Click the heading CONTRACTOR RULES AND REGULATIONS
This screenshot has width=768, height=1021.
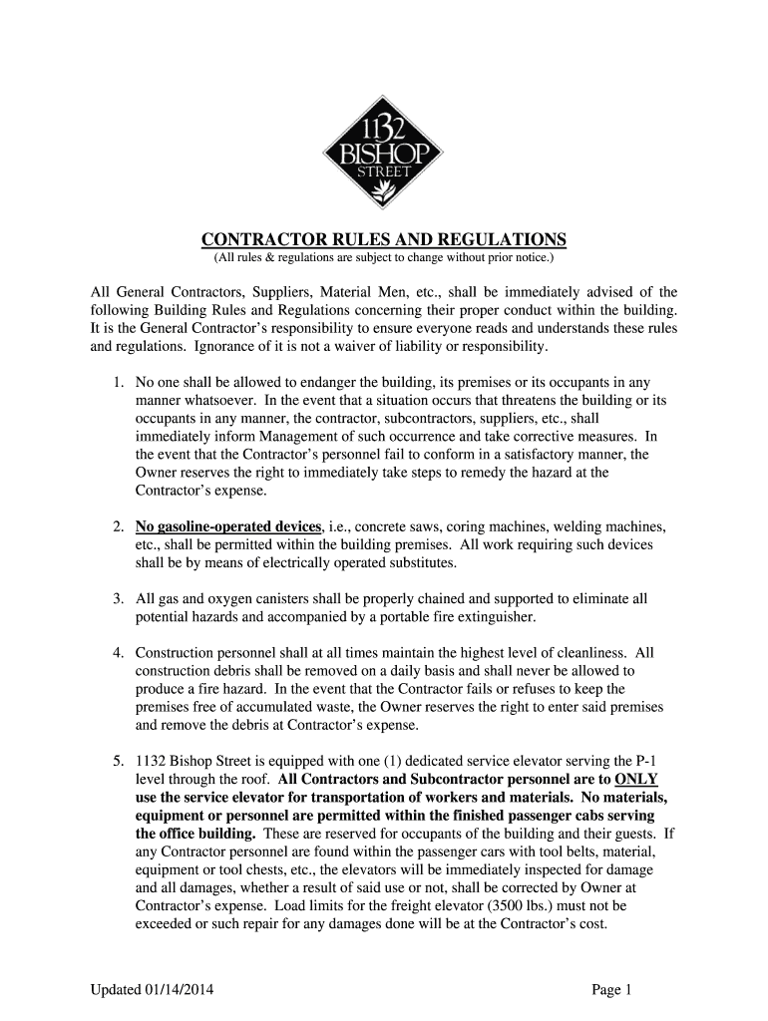pyautogui.click(x=384, y=240)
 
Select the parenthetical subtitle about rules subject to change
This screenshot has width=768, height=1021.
pyautogui.click(x=384, y=259)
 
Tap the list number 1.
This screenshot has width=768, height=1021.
pyautogui.click(x=118, y=382)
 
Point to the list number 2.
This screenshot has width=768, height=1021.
pyautogui.click(x=118, y=526)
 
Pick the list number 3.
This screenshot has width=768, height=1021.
pyautogui.click(x=118, y=599)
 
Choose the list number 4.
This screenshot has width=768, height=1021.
pyautogui.click(x=118, y=653)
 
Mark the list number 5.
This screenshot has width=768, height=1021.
pyautogui.click(x=118, y=761)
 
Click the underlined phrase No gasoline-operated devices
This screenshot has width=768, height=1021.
pyautogui.click(x=228, y=526)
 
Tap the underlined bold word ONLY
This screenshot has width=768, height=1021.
pyautogui.click(x=637, y=779)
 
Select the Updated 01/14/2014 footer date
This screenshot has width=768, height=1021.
pyautogui.click(x=152, y=990)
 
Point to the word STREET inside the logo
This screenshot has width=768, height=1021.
pyautogui.click(x=384, y=170)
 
